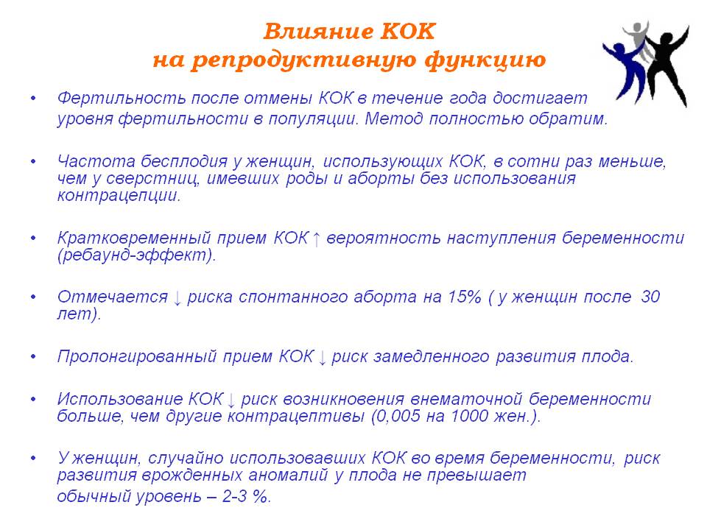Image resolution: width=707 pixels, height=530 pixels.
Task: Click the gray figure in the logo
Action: click(638, 40)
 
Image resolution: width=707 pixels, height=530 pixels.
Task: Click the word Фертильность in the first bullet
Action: click(122, 98)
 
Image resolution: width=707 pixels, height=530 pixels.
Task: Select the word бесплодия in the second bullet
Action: click(184, 161)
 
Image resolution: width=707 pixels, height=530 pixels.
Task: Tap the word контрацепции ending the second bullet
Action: click(119, 196)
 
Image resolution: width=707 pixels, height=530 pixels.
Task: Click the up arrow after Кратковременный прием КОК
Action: click(317, 239)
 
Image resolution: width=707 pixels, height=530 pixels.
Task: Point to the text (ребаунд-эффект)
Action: click(137, 255)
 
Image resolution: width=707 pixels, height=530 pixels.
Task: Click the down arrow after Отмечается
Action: click(177, 298)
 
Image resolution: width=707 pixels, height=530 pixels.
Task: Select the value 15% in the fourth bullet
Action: click(464, 297)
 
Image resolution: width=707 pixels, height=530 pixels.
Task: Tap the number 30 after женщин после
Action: click(650, 297)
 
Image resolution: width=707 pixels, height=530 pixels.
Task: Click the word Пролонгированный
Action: click(137, 357)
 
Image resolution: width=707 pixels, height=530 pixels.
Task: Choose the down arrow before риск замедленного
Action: click(322, 358)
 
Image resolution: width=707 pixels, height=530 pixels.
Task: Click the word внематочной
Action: click(467, 399)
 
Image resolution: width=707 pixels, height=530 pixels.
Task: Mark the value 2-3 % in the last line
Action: click(246, 497)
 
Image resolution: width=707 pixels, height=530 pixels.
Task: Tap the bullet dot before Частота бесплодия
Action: click(33, 161)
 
